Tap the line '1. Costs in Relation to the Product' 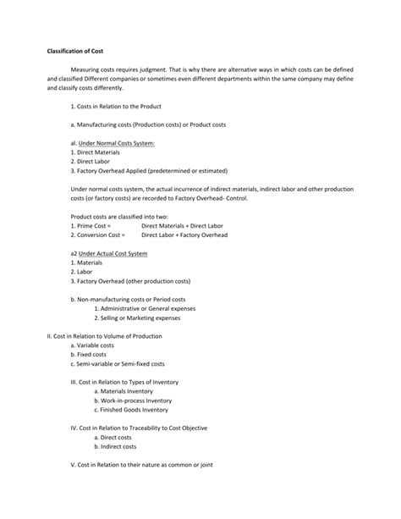point(116,107)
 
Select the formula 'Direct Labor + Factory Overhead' point(184,235)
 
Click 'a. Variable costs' point(95,346)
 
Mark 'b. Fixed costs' point(91,356)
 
